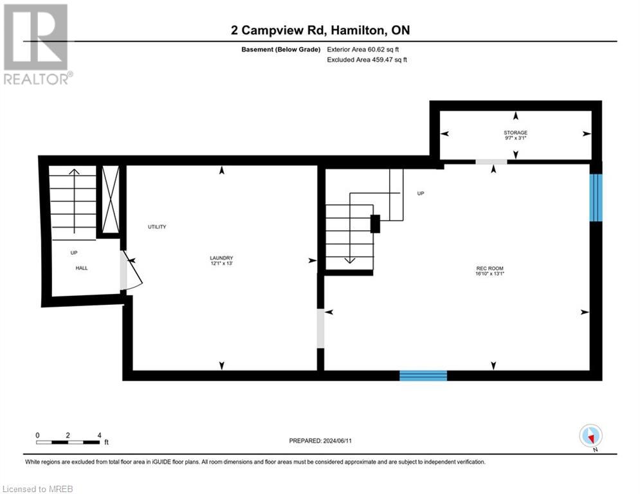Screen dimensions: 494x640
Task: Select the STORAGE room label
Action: (x=515, y=135)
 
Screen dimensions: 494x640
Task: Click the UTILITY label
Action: (x=157, y=227)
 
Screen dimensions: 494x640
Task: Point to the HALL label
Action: (x=82, y=268)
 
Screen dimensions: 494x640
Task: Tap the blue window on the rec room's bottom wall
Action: (x=423, y=376)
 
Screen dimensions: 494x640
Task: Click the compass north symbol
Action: (x=590, y=436)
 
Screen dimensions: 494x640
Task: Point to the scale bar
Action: (x=68, y=442)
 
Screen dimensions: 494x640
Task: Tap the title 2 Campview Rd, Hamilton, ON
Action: (x=320, y=30)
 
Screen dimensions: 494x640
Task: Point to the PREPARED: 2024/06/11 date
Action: (x=320, y=441)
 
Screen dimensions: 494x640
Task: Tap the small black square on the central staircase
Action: (x=376, y=223)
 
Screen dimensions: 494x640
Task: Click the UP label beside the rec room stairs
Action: (x=421, y=193)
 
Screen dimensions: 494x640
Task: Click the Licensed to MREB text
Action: (x=39, y=489)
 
